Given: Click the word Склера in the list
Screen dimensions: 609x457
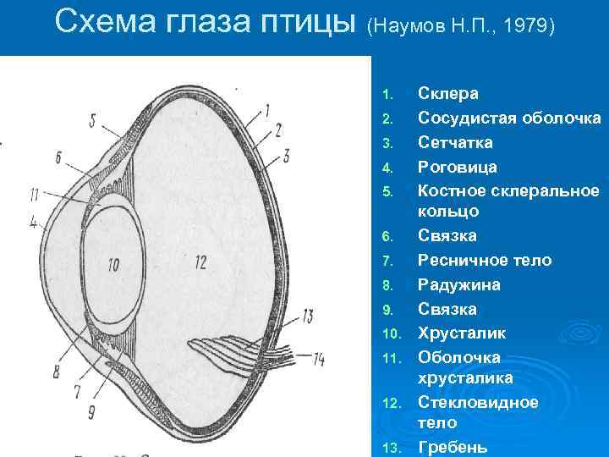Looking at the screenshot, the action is click(x=448, y=94).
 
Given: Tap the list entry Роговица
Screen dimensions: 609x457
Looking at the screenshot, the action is click(x=458, y=168).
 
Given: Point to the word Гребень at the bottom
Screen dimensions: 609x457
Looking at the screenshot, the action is click(x=453, y=447).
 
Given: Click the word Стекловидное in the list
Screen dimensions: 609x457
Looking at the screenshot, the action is click(x=479, y=402).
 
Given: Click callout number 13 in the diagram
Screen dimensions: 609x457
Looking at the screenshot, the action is click(x=306, y=317).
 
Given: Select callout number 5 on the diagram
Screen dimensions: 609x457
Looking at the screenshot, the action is click(x=92, y=118).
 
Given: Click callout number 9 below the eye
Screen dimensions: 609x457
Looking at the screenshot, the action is click(x=91, y=412).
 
